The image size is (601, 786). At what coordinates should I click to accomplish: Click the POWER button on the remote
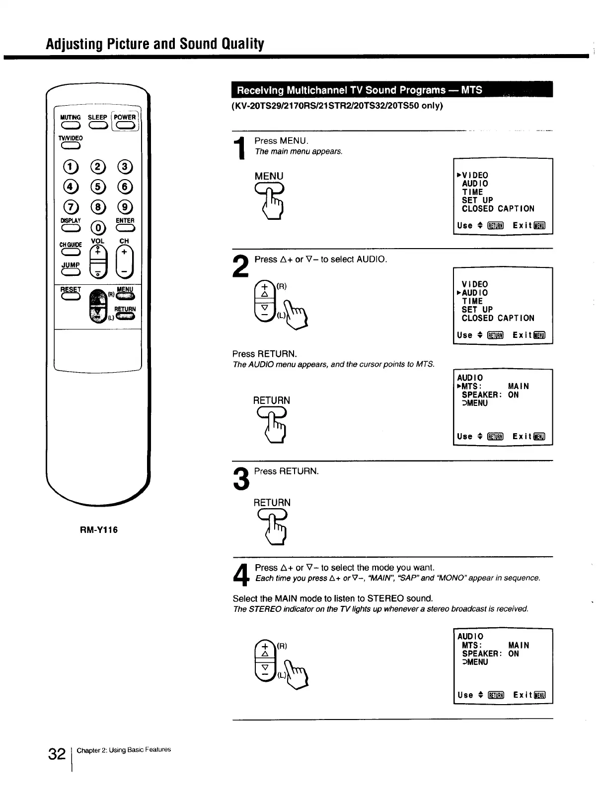(x=125, y=126)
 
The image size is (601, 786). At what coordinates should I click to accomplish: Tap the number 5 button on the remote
(x=98, y=187)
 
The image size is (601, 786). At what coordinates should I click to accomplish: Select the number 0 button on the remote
(x=98, y=228)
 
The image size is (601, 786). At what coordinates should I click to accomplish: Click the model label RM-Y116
(x=99, y=530)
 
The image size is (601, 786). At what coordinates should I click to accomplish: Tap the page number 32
(x=57, y=754)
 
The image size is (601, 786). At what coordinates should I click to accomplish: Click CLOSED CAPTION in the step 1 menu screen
(x=498, y=209)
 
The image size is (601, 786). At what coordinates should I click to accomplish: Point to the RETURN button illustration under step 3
(x=272, y=516)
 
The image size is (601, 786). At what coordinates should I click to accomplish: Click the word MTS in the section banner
(x=471, y=90)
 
